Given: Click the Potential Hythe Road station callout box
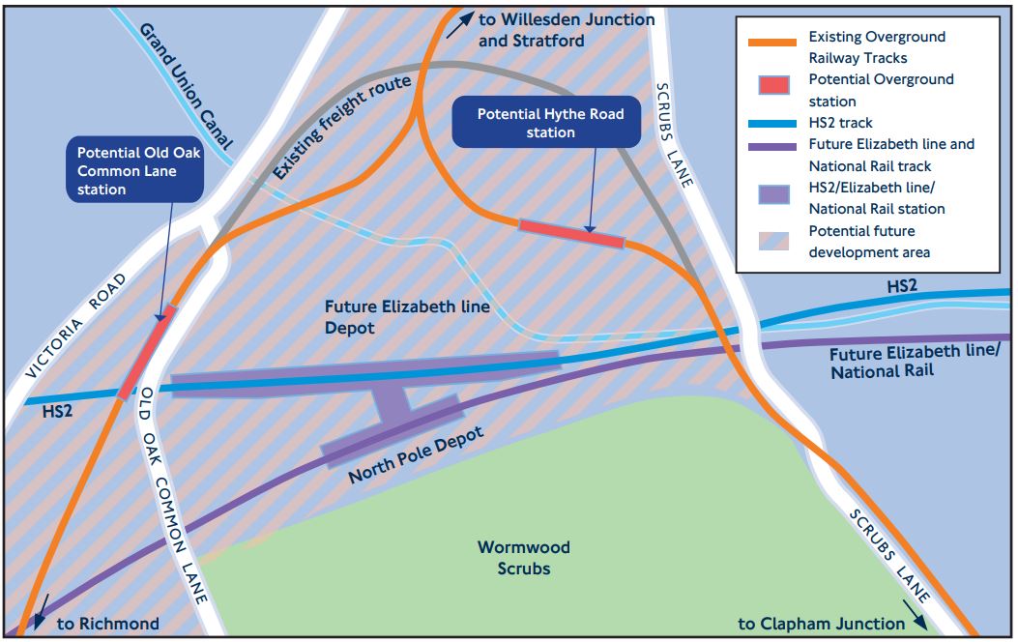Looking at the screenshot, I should (550, 123).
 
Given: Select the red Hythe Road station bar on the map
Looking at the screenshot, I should (571, 233).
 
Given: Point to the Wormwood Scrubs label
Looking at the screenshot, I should (523, 558).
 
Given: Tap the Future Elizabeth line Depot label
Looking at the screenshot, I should (407, 317).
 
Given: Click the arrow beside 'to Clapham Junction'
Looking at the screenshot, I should (919, 617).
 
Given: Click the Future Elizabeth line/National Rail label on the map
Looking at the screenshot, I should (915, 362).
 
